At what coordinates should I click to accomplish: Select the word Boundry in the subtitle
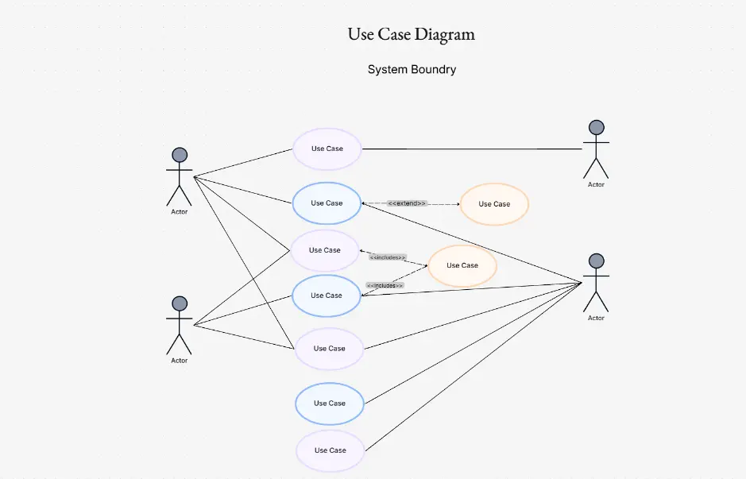(433, 70)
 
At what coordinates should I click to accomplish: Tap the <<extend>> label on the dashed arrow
(408, 203)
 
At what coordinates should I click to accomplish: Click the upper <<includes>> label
(388, 257)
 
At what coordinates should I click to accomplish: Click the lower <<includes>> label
(385, 285)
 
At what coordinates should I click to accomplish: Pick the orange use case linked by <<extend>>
(494, 204)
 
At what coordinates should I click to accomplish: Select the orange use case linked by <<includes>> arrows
(462, 265)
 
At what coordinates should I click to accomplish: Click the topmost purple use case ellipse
(327, 149)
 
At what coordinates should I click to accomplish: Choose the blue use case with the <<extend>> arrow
(327, 203)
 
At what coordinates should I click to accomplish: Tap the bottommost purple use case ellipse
(330, 450)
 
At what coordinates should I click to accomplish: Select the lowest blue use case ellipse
(330, 404)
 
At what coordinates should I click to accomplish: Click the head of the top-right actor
(596, 127)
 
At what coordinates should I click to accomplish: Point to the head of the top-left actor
(180, 155)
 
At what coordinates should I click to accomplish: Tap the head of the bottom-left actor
(180, 303)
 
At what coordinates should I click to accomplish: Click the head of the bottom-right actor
(596, 261)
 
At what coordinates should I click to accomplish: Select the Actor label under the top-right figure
(596, 184)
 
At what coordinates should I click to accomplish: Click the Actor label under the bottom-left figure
(180, 361)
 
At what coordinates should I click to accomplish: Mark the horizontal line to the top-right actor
(473, 149)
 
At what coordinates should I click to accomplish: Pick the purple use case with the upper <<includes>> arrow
(325, 250)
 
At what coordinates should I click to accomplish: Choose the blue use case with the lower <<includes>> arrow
(326, 296)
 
